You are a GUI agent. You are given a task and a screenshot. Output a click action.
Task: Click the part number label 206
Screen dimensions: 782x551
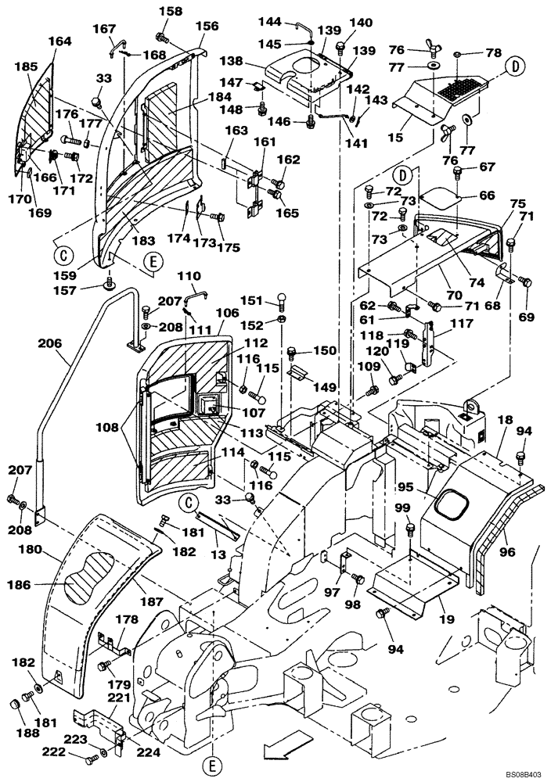(x=49, y=341)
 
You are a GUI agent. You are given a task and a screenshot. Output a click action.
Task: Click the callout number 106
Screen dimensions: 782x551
(x=227, y=312)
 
